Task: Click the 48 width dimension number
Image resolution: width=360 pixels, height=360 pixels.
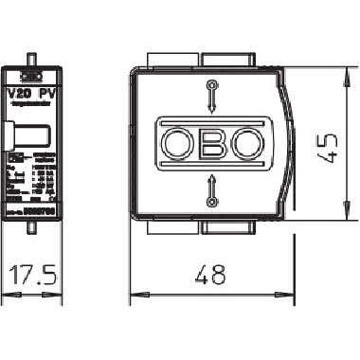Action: pyautogui.click(x=209, y=275)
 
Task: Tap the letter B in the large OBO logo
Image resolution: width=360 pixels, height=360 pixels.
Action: pyautogui.click(x=210, y=144)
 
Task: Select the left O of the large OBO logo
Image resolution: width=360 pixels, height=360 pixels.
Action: pyautogui.click(x=177, y=144)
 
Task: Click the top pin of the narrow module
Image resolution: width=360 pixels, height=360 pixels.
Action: pyautogui.click(x=32, y=60)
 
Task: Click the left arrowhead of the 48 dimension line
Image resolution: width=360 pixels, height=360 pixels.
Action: pyautogui.click(x=132, y=294)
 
